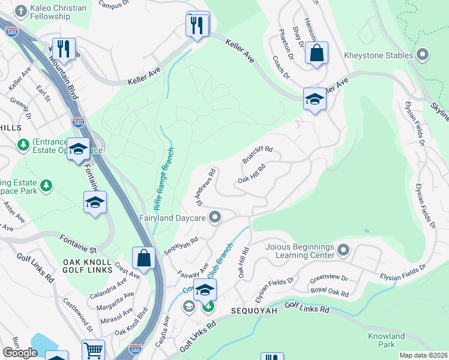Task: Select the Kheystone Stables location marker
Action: click(423, 55)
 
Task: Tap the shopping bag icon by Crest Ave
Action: click(144, 259)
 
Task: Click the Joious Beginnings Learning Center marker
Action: click(343, 248)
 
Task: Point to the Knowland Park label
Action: click(387, 340)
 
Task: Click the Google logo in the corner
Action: click(20, 353)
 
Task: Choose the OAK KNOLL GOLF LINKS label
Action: click(88, 266)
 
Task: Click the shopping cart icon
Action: click(93, 350)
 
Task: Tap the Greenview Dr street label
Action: click(328, 279)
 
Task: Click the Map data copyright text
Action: click(423, 355)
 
